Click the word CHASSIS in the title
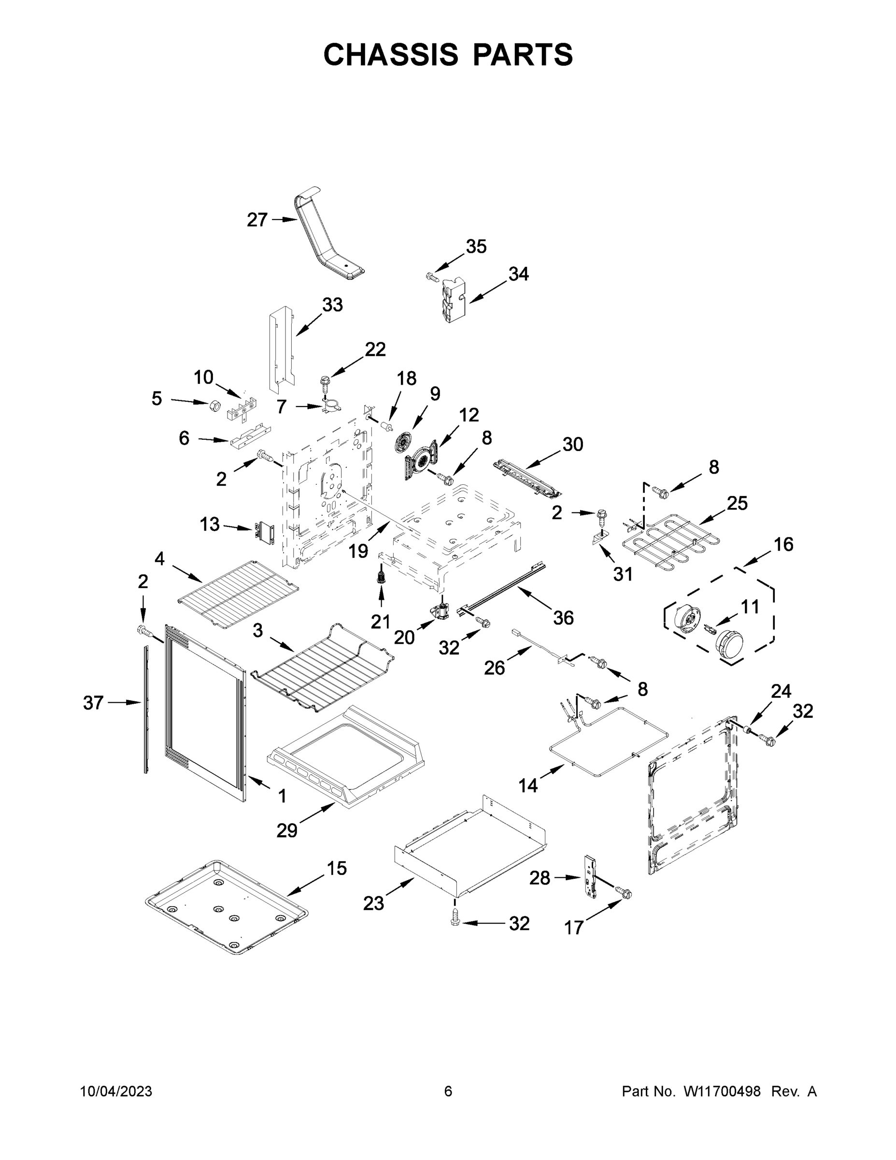391,54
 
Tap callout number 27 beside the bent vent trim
257,219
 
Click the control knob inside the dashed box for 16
729,643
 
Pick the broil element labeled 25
671,542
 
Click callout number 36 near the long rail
563,617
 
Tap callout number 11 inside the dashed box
750,607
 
